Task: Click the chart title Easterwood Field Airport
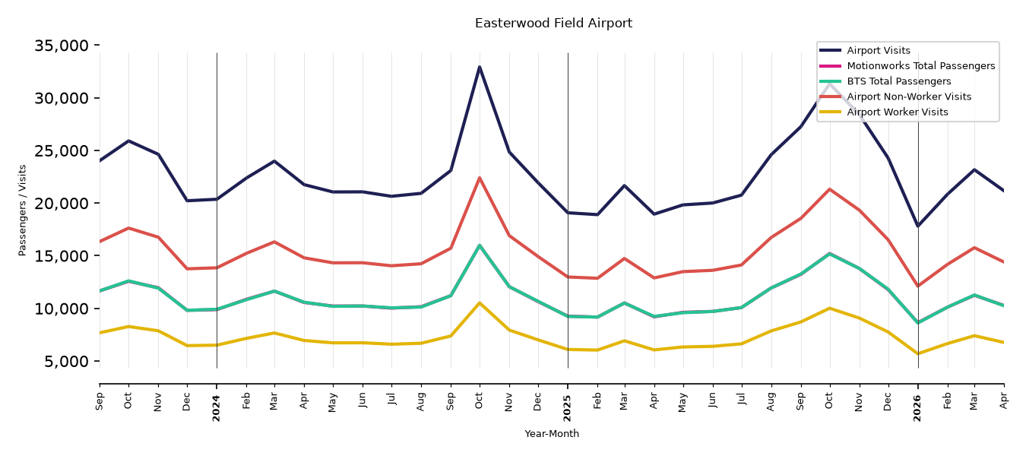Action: (x=553, y=24)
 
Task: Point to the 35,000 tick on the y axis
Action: (x=62, y=46)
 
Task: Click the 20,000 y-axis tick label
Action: (x=62, y=203)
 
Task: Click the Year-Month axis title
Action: (x=552, y=433)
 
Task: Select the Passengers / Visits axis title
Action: (x=23, y=211)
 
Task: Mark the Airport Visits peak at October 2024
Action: (x=479, y=67)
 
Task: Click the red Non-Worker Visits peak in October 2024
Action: (x=479, y=178)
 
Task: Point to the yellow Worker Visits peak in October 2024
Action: (x=479, y=302)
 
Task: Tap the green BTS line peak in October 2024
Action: (x=479, y=245)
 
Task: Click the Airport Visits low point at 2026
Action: (x=917, y=226)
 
